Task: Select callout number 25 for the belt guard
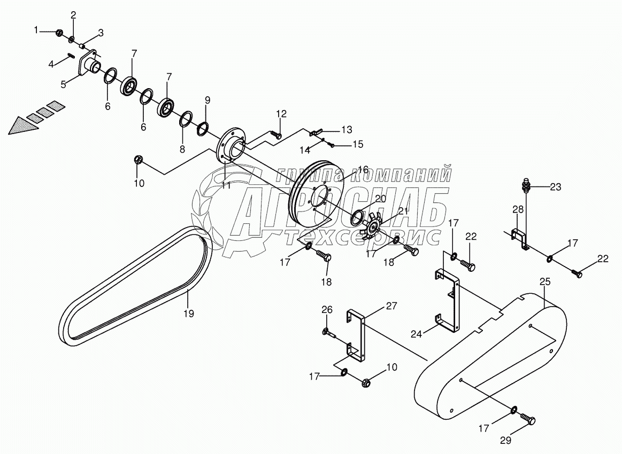click(x=544, y=281)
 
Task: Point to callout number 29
click(x=505, y=441)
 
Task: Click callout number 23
click(x=556, y=187)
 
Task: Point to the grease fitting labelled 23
click(x=526, y=187)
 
